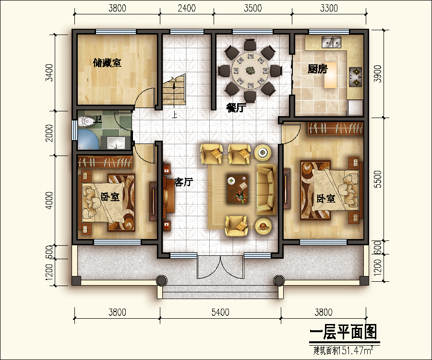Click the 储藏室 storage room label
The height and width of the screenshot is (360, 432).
click(107, 63)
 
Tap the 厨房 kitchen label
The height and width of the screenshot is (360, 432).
click(317, 69)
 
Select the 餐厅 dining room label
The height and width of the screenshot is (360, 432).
click(236, 108)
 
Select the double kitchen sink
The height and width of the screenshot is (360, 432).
click(331, 43)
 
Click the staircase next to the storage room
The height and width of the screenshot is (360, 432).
click(173, 91)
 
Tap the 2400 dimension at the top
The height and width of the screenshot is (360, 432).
click(186, 8)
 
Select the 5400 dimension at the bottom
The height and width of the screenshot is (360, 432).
click(220, 312)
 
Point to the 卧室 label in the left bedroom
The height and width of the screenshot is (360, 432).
click(110, 197)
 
